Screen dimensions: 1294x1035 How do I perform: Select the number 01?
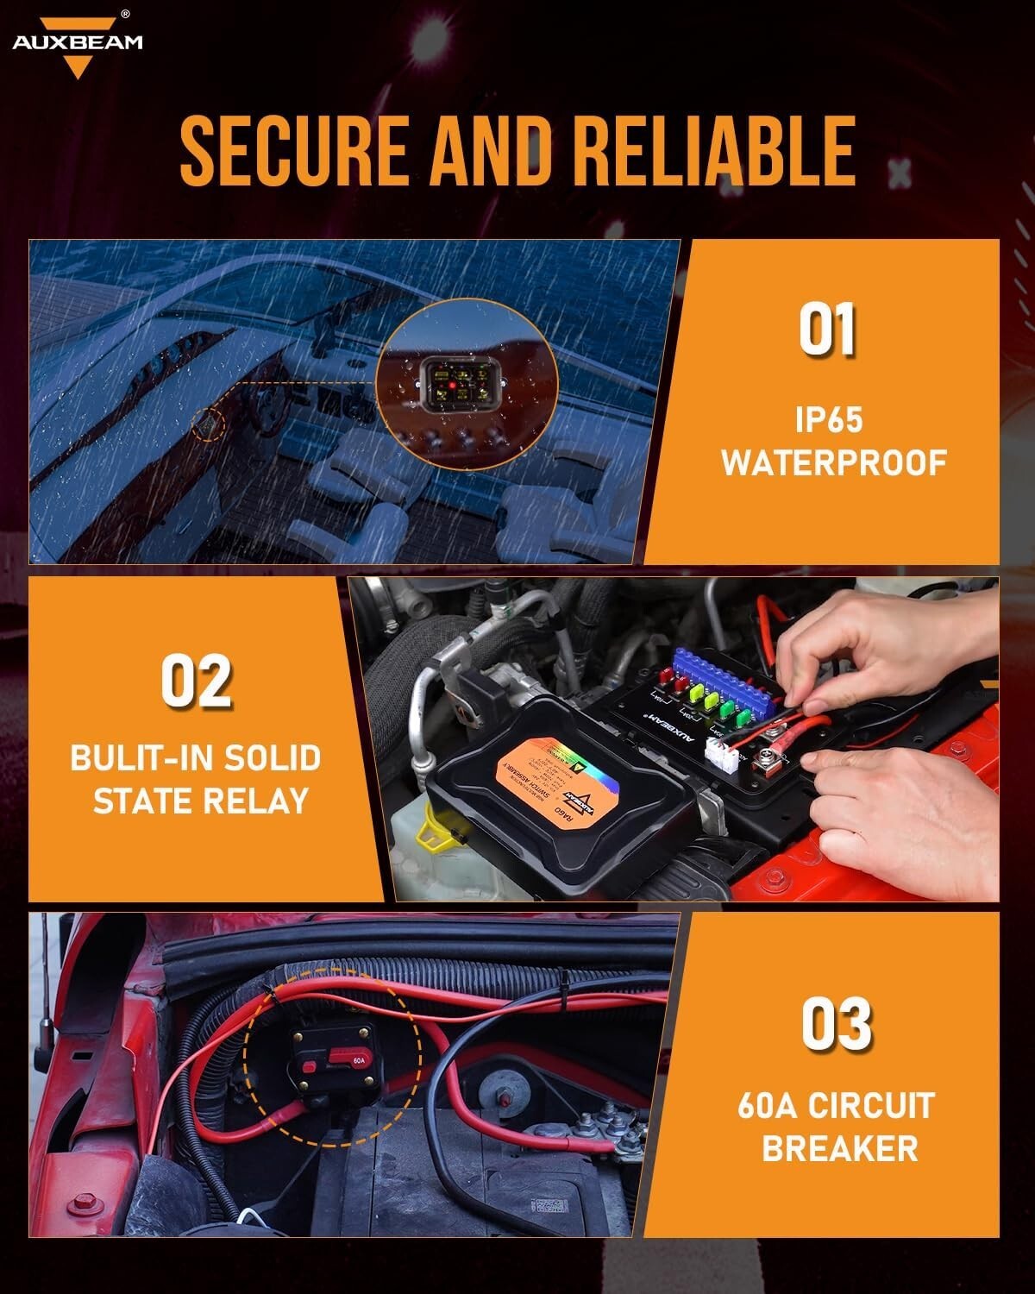826,330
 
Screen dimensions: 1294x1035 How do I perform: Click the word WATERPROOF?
834,463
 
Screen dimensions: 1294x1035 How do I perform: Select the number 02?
197,682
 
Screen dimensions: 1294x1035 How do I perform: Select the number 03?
836,1024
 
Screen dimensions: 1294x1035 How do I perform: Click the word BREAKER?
839,1148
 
